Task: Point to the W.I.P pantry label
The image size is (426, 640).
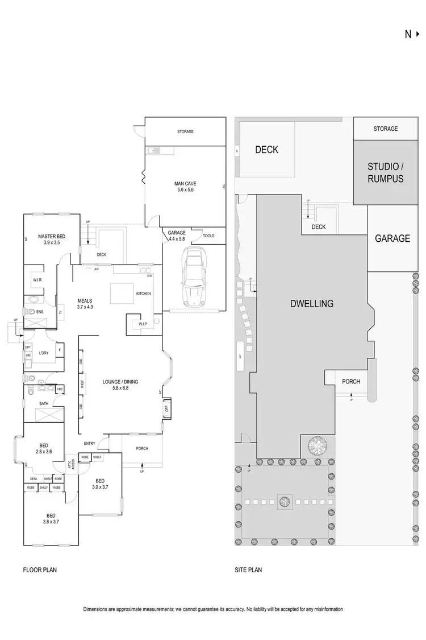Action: click(143, 324)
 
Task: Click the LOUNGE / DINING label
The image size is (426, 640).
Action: click(120, 385)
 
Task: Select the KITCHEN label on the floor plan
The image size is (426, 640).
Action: click(143, 294)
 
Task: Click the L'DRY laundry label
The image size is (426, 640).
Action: click(44, 353)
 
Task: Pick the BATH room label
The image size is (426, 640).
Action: click(44, 404)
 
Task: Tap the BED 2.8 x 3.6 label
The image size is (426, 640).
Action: click(44, 448)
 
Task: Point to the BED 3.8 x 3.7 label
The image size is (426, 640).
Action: click(51, 518)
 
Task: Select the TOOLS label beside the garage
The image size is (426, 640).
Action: click(208, 236)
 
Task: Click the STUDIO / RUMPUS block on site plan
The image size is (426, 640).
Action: click(385, 172)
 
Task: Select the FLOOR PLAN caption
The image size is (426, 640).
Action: click(40, 569)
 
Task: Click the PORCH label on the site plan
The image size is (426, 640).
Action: click(350, 381)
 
